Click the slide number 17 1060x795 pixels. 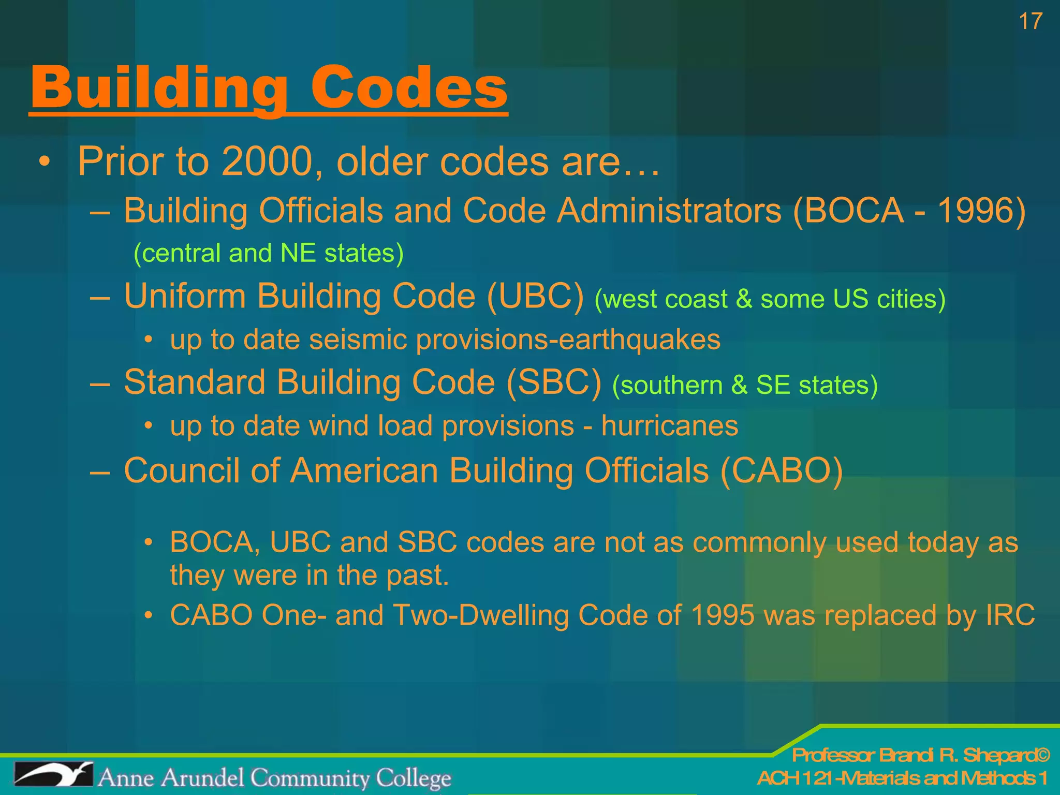pos(1030,22)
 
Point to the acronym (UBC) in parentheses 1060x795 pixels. pos(535,297)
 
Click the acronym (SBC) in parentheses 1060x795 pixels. pos(554,383)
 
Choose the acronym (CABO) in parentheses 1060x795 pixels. pos(782,471)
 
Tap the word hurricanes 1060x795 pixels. pos(670,426)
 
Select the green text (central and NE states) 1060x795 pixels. pos(269,253)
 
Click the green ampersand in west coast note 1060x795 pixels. pos(744,299)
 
